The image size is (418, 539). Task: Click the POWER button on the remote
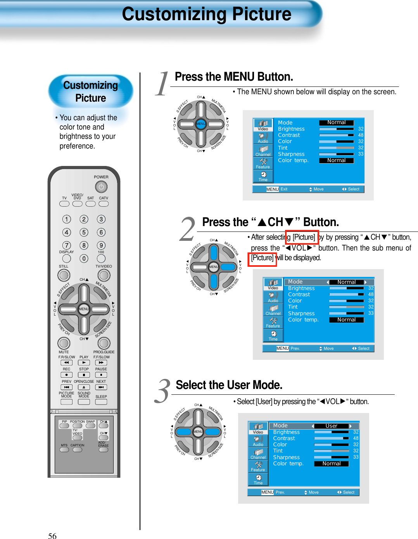click(x=101, y=187)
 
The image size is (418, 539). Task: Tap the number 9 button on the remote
click(x=101, y=245)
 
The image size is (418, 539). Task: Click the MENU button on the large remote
click(x=84, y=309)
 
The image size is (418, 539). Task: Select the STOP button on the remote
click(x=84, y=375)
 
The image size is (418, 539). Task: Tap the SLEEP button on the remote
click(x=101, y=402)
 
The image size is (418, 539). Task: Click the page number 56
click(x=52, y=536)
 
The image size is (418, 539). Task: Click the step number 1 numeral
click(x=162, y=84)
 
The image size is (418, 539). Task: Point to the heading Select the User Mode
click(x=229, y=385)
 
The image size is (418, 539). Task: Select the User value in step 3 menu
click(x=331, y=426)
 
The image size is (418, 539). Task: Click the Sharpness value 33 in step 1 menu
click(x=361, y=154)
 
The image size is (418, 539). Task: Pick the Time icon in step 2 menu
click(x=273, y=336)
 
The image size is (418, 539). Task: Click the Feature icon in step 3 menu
click(x=258, y=466)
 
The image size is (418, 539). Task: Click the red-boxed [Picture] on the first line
click(x=304, y=237)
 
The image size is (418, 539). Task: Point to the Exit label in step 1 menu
click(x=284, y=189)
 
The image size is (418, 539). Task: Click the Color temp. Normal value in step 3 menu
click(x=332, y=463)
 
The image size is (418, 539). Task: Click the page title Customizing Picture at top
click(x=206, y=14)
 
